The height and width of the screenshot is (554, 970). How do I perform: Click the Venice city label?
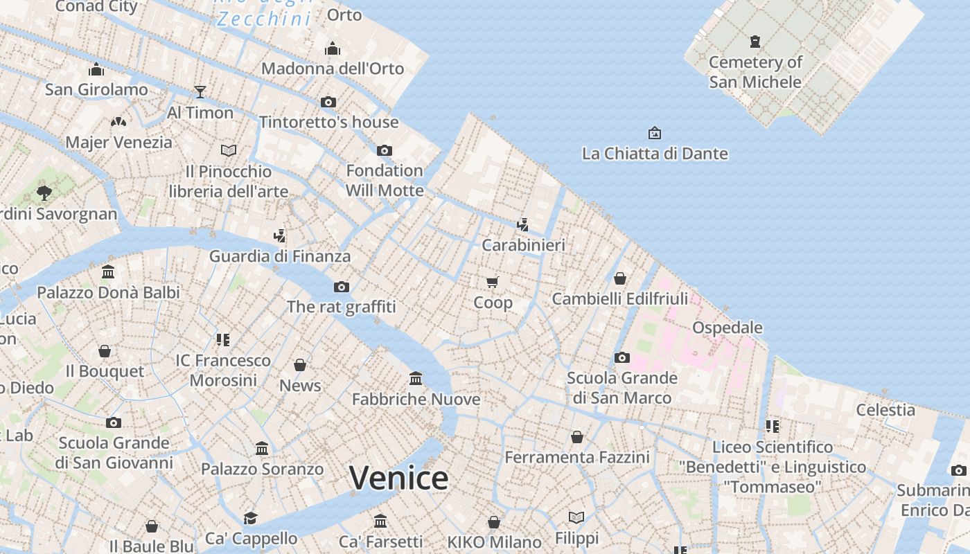(x=398, y=478)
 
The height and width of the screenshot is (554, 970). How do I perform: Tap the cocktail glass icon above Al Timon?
(x=200, y=91)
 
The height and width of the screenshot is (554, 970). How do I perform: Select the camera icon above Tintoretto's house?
(x=328, y=102)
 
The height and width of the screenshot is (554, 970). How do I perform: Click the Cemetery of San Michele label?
(x=755, y=72)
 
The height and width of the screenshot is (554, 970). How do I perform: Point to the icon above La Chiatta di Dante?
(x=654, y=132)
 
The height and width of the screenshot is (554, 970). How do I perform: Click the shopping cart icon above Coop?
(x=493, y=282)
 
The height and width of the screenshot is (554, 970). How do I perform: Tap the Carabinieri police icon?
(x=523, y=224)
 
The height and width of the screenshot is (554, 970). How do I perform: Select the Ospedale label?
(x=727, y=328)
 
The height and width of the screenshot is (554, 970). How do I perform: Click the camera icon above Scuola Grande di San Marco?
(x=622, y=357)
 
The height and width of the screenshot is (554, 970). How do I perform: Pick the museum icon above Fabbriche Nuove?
(x=416, y=378)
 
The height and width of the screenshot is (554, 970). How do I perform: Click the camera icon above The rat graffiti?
(x=341, y=287)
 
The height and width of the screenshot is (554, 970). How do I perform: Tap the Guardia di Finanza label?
(x=280, y=256)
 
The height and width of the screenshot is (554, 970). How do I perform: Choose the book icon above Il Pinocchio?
(x=229, y=150)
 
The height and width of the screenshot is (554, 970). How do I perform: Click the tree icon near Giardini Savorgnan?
(x=44, y=193)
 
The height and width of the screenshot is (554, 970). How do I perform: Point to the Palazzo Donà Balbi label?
(x=108, y=292)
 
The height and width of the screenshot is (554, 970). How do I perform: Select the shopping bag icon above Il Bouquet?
(x=105, y=351)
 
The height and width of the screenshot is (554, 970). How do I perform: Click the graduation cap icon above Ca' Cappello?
(x=251, y=518)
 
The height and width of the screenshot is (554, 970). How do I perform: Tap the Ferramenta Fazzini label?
(x=577, y=457)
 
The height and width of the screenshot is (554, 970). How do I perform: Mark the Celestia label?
(x=885, y=410)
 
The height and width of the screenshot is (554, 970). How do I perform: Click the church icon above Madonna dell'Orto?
(x=333, y=48)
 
